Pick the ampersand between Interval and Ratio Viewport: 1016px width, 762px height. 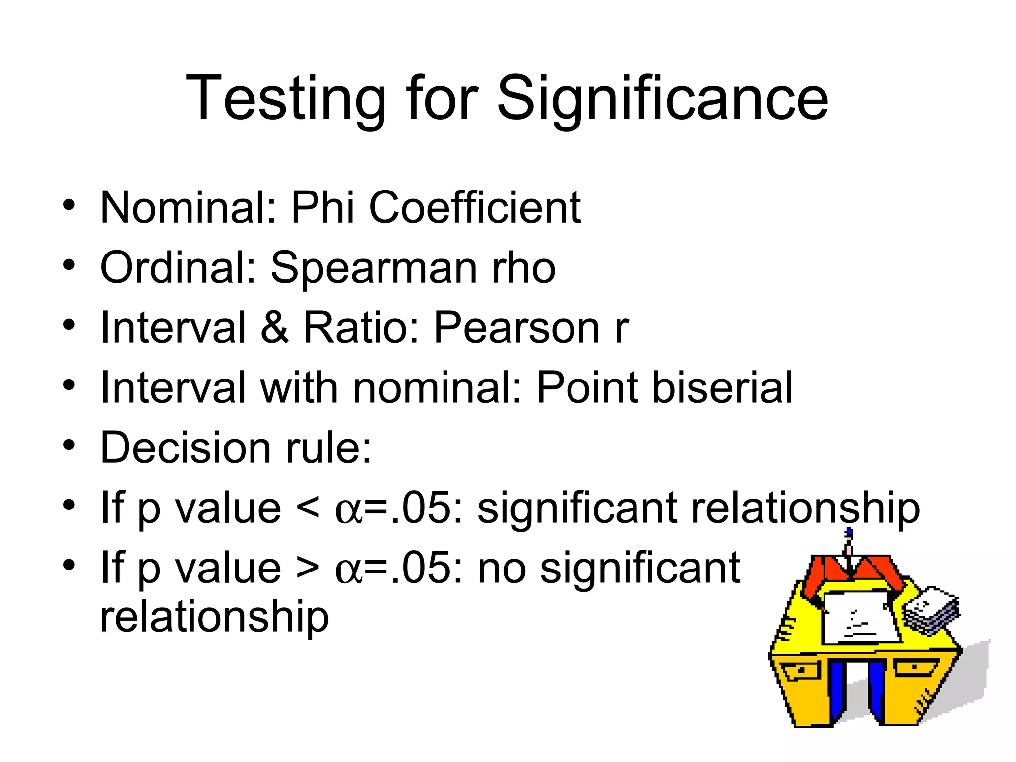[274, 328]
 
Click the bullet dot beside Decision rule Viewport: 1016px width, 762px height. [69, 444]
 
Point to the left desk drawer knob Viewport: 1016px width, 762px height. [802, 670]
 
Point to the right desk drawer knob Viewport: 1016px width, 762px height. [915, 667]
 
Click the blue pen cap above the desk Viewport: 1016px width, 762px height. [849, 534]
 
